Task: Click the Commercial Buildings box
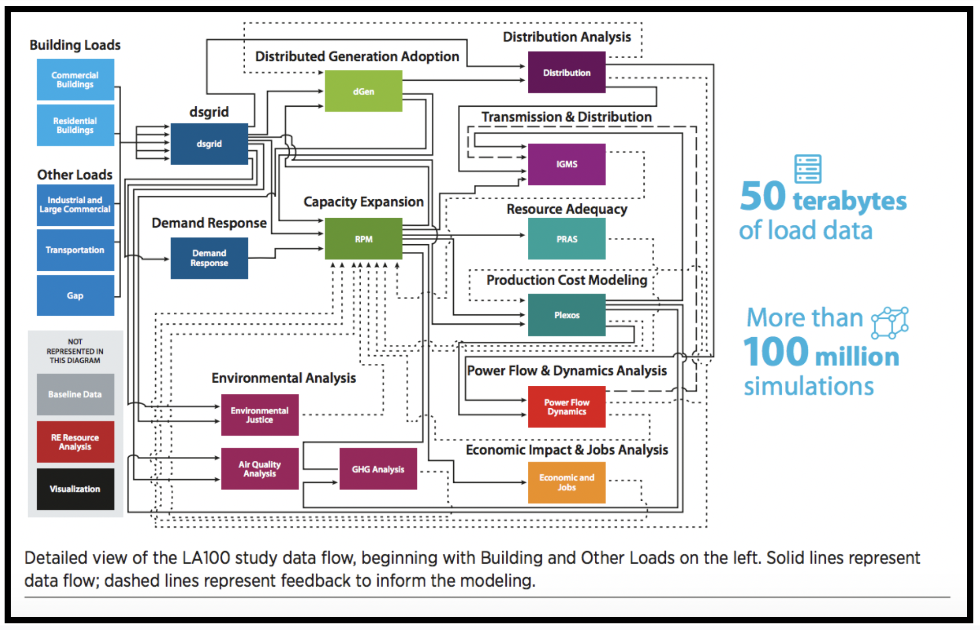[x=75, y=80]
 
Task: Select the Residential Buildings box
[x=75, y=125]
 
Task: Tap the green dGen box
[x=363, y=91]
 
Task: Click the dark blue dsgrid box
[x=209, y=144]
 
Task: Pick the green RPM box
[x=363, y=239]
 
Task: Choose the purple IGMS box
[x=566, y=164]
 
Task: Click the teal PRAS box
[x=566, y=239]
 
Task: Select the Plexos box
[x=566, y=315]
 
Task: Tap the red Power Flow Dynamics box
[x=566, y=407]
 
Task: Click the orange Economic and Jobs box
[x=566, y=482]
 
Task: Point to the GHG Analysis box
[x=378, y=469]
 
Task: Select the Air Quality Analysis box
[x=260, y=469]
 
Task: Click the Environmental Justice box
[x=260, y=415]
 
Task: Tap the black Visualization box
[x=75, y=489]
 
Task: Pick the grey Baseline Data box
[x=75, y=394]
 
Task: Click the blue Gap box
[x=75, y=295]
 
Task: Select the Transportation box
[x=75, y=250]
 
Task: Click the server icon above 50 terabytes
[x=807, y=169]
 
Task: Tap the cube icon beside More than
[x=890, y=323]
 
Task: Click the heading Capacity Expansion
[x=363, y=202]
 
